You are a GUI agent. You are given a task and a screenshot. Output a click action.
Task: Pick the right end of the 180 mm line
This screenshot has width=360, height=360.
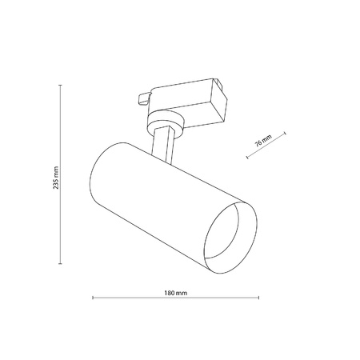coord(258,299)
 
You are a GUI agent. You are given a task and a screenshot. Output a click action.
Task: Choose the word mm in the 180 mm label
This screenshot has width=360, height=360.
coord(181,292)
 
